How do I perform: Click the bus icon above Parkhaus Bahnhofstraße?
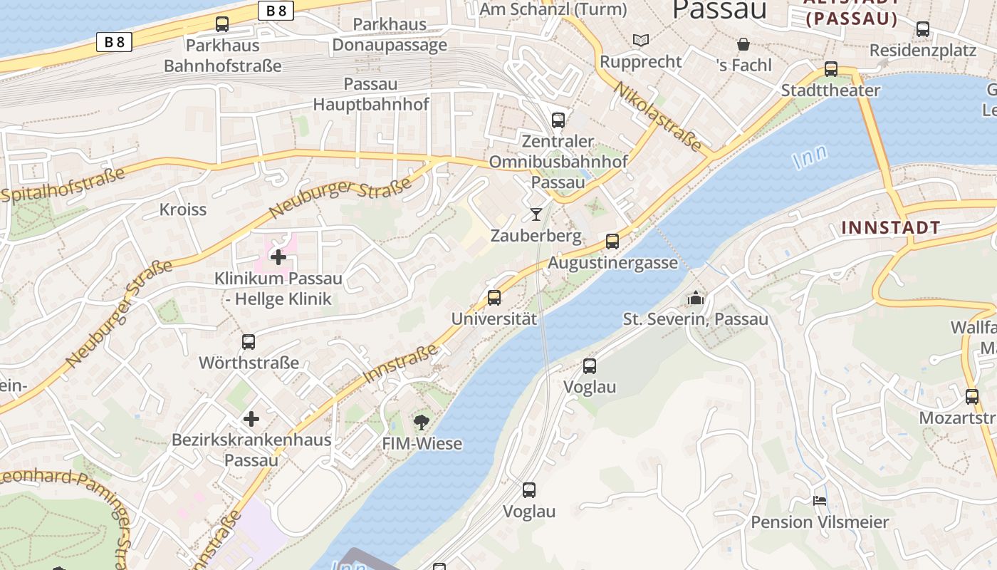coord(222,24)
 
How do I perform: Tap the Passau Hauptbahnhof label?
coord(371,94)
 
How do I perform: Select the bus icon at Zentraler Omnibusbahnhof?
coord(558,120)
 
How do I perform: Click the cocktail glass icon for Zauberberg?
coord(536,214)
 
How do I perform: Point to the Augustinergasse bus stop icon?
coord(612,242)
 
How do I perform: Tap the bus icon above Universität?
coord(494,298)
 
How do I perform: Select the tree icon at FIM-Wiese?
coord(422,422)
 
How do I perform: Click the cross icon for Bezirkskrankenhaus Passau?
coord(251,419)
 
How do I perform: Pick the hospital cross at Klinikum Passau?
coord(278,257)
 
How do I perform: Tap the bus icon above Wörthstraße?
coord(249,342)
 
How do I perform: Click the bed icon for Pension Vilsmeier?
coord(820,501)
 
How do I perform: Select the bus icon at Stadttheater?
coord(831,69)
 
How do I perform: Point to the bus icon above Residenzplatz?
coord(923,29)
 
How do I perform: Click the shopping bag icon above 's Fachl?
coord(743,44)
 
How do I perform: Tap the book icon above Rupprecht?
coord(641,41)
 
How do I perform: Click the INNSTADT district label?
coord(890,228)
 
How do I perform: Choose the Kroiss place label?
coord(183,209)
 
